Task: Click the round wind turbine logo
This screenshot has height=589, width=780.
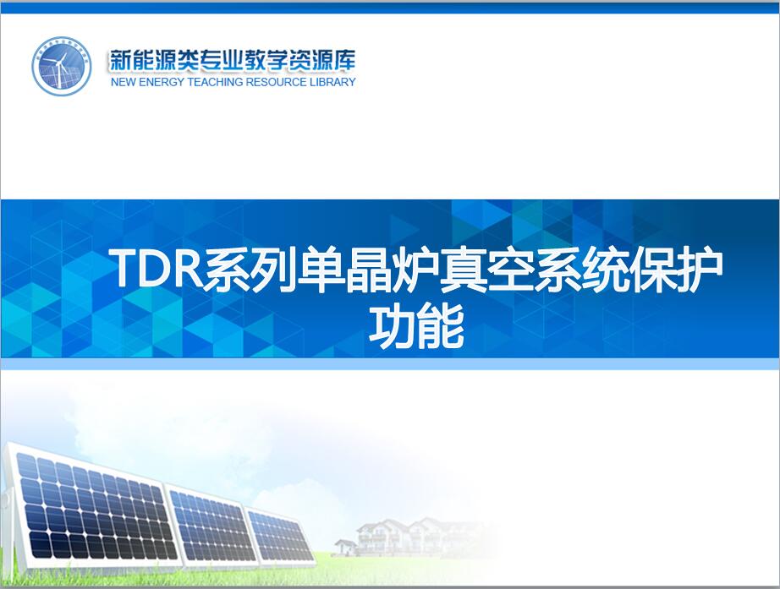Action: tap(62, 66)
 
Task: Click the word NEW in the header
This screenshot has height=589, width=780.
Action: tap(124, 82)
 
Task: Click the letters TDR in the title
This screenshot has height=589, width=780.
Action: tap(159, 270)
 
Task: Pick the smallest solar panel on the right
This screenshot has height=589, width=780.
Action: tap(281, 536)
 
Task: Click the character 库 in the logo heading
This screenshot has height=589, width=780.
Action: tap(343, 60)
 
